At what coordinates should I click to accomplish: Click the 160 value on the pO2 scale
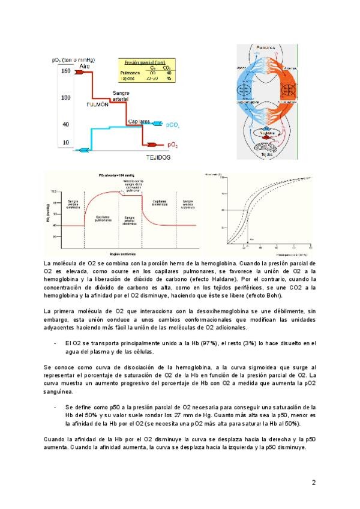tap(65, 71)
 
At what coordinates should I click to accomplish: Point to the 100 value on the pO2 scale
tap(65, 97)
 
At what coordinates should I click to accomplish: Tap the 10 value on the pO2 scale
tap(66, 143)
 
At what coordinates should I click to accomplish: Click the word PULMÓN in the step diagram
tap(97, 104)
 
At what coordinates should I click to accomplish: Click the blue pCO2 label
tap(173, 125)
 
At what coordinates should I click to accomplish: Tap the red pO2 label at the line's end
tap(173, 145)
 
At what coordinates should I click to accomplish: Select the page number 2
tap(314, 482)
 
